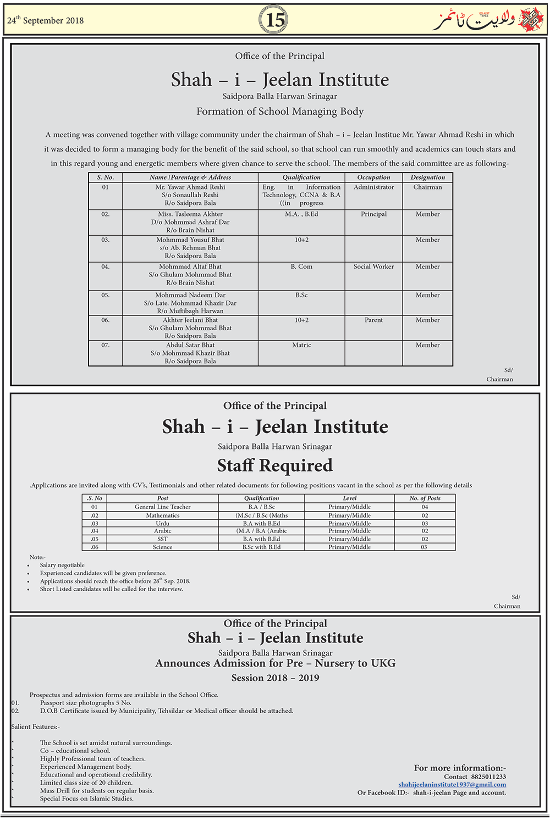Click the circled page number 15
coord(275,20)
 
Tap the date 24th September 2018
coord(46,20)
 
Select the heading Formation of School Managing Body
coord(280,112)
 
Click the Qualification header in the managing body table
coord(301,177)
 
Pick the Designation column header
coord(427,177)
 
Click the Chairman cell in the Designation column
coord(427,187)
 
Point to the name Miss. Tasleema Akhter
coord(190,214)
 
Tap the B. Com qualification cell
coord(301,267)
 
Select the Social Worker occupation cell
coord(373,267)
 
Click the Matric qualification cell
coord(301,345)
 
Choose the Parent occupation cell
coord(373,320)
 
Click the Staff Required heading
coord(275,465)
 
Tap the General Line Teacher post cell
coord(163,507)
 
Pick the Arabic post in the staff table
coord(163,531)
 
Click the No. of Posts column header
coord(425,498)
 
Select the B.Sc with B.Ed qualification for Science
coord(262,547)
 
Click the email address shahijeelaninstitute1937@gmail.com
coord(452,785)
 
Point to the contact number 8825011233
coord(488,776)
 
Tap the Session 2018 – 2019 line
coord(275,678)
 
